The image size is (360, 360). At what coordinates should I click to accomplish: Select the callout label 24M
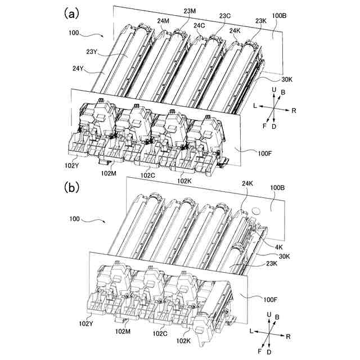164,21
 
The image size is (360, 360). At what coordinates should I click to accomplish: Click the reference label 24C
200,25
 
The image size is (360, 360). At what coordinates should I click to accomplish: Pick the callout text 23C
224,16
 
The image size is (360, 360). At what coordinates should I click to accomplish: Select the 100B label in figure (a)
280,16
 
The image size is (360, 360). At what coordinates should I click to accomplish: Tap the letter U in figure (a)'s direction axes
274,89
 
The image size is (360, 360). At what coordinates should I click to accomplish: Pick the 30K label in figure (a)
288,80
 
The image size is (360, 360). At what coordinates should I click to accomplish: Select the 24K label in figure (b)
247,183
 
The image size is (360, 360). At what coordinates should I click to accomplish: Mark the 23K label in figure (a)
260,21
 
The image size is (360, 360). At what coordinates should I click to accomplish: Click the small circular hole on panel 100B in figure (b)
255,211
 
